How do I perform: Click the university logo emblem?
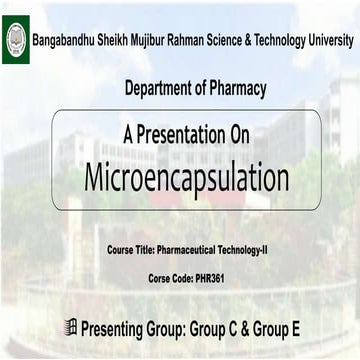[16, 40]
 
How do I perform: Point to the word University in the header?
[328, 41]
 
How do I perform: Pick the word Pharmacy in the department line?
[237, 89]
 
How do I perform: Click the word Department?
[158, 89]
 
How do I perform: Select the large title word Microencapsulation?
[186, 177]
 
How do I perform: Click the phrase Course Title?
[131, 246]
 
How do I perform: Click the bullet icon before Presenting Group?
[69, 326]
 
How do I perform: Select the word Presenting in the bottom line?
[119, 327]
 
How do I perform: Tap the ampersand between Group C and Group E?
[267, 327]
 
